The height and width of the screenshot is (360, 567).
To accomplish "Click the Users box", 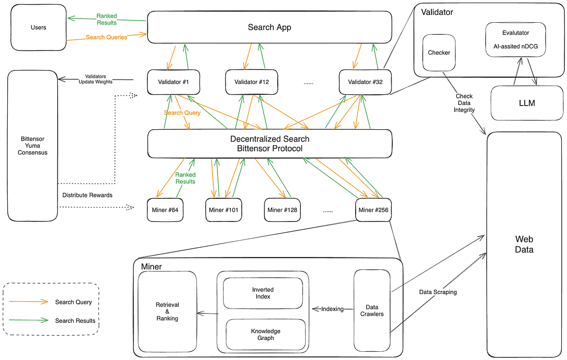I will coord(39,28).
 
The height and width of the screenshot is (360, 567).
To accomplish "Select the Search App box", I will coord(269,27).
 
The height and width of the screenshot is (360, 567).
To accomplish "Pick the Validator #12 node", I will coord(252,82).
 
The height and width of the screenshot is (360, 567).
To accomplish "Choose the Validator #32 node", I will coord(365,82).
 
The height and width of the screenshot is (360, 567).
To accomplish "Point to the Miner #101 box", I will coord(224,210).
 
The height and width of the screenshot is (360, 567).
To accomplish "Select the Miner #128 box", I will coord(282,210).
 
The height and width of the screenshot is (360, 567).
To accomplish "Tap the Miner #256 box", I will coord(374,210).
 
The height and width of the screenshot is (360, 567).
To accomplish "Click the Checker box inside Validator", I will coord(439,53).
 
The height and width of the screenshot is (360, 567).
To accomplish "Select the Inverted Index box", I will coord(263,293).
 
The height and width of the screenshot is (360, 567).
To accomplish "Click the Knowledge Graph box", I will coord(265,334).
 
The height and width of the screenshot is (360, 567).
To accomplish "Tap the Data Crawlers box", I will coord(371,311).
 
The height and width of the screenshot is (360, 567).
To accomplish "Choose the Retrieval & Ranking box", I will coord(167,312).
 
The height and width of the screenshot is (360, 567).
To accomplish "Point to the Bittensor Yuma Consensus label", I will coord(32,145).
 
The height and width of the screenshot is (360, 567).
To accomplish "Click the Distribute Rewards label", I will coord(87,195).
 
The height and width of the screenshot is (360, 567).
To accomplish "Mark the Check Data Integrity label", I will coord(464,103).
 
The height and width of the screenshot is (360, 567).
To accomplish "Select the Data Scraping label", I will coord(438,292).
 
